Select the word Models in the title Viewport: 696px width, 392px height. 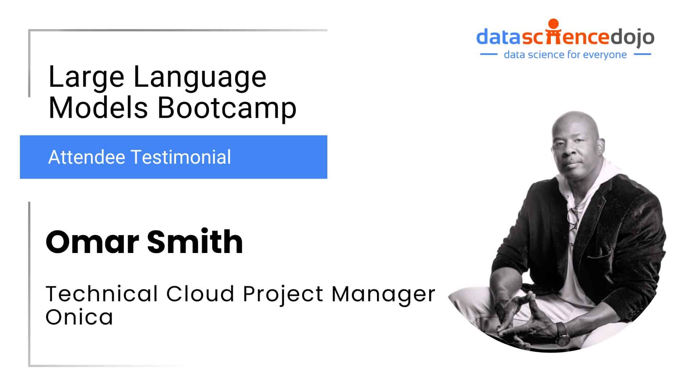coord(98,108)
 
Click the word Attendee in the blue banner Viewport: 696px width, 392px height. coord(87,157)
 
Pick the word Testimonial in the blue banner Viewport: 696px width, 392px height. coord(181,157)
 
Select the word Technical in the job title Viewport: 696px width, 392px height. coord(102,294)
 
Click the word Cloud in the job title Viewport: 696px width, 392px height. coord(200,294)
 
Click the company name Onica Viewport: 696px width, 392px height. coord(79,317)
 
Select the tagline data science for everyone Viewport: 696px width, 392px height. coord(565,55)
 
